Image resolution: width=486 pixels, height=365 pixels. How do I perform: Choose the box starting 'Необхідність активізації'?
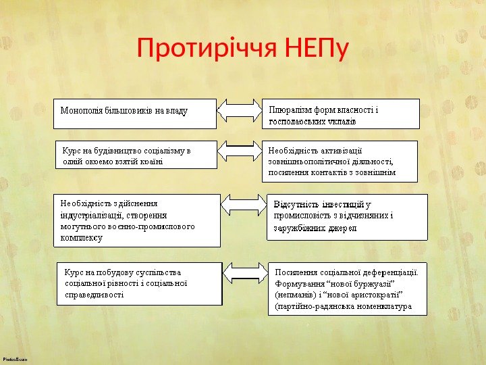click(x=340, y=162)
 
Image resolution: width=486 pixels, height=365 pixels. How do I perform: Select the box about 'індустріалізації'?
click(x=137, y=220)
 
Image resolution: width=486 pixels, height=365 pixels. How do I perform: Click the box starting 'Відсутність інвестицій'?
click(x=348, y=217)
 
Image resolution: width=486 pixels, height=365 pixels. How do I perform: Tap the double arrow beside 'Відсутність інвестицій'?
click(x=244, y=205)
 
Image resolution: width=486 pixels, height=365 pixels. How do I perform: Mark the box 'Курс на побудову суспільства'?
click(x=140, y=283)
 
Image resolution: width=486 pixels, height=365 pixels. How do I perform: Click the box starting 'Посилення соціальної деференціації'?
click(x=348, y=289)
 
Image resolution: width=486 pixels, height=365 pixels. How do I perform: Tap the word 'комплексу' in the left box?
click(x=81, y=238)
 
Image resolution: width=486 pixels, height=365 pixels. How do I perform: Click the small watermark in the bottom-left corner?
click(x=15, y=360)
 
